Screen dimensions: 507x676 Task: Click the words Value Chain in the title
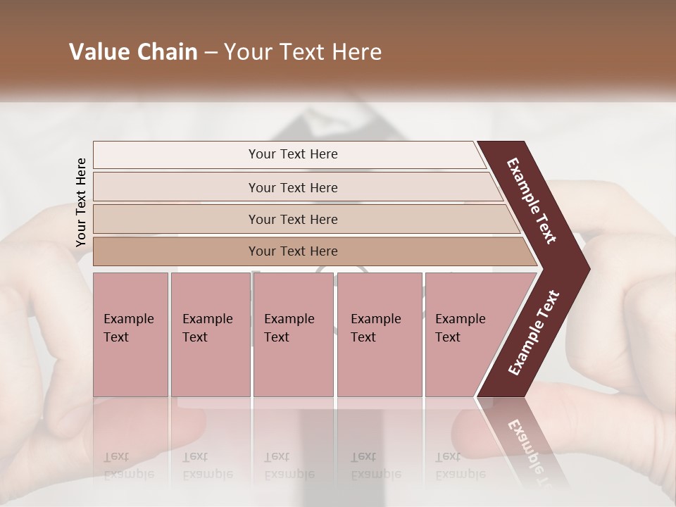tap(133, 52)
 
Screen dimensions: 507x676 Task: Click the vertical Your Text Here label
tap(81, 202)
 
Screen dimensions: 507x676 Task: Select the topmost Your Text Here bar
tap(293, 154)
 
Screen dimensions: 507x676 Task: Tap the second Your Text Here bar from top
tap(293, 187)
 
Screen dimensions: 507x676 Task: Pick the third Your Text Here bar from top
tap(293, 219)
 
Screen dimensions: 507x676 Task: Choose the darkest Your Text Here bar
tap(293, 251)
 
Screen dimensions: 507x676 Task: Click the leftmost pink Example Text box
tap(130, 334)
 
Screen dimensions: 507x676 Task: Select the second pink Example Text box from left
tap(210, 334)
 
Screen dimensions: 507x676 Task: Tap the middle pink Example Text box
tap(293, 334)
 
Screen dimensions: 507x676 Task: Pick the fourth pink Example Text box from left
tap(380, 334)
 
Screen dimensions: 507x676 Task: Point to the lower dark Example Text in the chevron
tap(533, 333)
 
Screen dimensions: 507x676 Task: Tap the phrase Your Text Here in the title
tap(303, 52)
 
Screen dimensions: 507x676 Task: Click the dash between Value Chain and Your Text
tap(211, 53)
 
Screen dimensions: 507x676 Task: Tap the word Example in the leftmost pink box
tap(128, 319)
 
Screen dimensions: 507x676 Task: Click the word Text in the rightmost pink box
tap(447, 337)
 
